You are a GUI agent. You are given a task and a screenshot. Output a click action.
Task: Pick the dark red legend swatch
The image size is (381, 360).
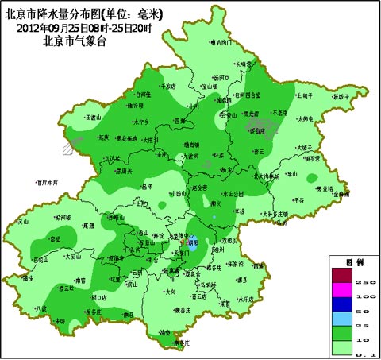point(343,274)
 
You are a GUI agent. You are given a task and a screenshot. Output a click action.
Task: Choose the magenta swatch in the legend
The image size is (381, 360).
point(343,288)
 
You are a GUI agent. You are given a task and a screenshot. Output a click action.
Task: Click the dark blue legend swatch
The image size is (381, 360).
point(343,303)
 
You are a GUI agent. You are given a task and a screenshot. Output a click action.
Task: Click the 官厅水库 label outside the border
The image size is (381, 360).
point(48,181)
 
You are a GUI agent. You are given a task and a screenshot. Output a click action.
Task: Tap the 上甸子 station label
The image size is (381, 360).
point(303,95)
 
